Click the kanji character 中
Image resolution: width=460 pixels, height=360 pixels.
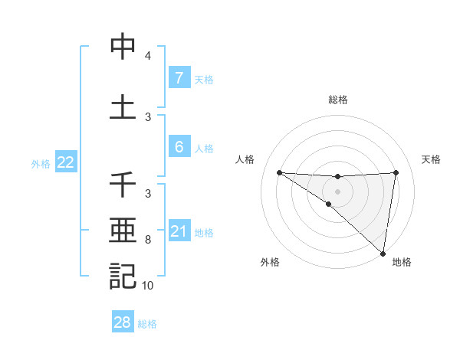point(123,47)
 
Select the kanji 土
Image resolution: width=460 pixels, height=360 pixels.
point(123,106)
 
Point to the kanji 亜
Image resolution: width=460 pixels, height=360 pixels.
point(123,231)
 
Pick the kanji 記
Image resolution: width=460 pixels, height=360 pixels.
point(123,276)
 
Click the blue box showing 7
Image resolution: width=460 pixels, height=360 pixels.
point(179,77)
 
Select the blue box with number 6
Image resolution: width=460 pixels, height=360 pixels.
point(179,147)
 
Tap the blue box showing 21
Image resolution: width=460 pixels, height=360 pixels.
point(179,231)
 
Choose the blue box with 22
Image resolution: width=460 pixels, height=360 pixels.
point(65,162)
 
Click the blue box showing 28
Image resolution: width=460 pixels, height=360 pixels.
point(122,322)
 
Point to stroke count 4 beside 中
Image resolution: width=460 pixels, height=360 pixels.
point(147,57)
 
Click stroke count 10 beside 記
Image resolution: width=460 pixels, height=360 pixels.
point(147,286)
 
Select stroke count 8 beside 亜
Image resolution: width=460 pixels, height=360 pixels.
point(147,241)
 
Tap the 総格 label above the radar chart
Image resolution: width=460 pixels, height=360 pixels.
point(338,100)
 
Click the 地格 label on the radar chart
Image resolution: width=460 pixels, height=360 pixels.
point(402,263)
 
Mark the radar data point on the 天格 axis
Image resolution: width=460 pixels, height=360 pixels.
point(396,172)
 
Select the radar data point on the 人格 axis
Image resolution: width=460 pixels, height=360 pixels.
point(279,172)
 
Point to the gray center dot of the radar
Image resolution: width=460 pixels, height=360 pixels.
point(337,191)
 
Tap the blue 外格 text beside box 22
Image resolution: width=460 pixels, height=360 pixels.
point(41,163)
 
